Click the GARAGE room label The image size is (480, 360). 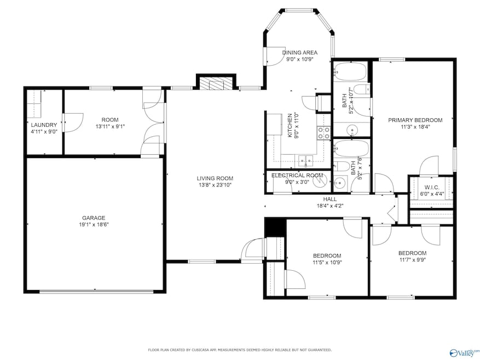pos(94,218)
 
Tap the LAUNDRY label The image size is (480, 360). pos(44,125)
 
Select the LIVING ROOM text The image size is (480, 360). pos(215,178)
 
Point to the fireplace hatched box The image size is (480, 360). pos(216,83)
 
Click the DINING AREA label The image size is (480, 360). pos(300,53)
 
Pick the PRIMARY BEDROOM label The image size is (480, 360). pos(415,120)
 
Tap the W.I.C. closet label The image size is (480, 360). pos(432,187)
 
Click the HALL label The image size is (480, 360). pos(330,199)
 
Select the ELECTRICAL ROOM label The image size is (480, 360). pos(297,176)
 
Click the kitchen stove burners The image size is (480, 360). pos(324,133)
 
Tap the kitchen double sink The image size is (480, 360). pos(305,160)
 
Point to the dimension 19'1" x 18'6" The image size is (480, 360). pos(94,225)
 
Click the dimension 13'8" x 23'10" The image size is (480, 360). pos(215,185)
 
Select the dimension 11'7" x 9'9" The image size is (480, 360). pos(412,260)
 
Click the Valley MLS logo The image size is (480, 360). pos(464,353)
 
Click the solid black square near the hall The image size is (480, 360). pos(275,227)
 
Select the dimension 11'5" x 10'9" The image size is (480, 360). pos(327,263)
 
